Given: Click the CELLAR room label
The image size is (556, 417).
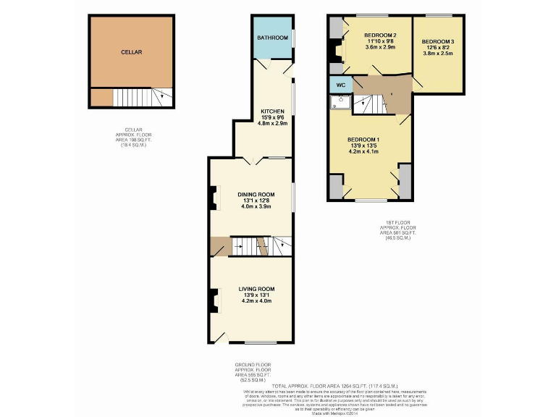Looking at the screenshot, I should pos(131,52).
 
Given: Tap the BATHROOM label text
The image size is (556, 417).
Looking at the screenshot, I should pos(273,38).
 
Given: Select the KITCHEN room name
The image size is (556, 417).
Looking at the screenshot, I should pos(273,111).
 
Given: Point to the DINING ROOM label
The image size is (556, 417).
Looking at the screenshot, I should pos(256,194).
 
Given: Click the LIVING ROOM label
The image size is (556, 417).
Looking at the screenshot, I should pos(256,289).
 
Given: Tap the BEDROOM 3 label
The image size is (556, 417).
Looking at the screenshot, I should pos(438,41).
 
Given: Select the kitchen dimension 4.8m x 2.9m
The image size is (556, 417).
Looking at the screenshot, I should pos(273,124).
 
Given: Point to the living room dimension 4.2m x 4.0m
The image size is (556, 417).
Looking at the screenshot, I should pos(256,301).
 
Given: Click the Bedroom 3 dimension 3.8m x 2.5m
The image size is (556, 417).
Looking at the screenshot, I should pos(438,54).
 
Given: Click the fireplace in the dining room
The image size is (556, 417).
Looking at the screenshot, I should pos(214,198).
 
